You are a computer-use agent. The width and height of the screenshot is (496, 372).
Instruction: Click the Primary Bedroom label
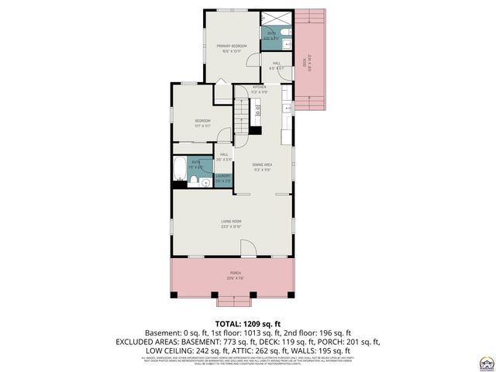coord(232,48)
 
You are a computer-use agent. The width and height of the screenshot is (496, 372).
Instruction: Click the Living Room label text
coord(232,225)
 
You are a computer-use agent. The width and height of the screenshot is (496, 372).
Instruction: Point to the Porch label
coord(234,275)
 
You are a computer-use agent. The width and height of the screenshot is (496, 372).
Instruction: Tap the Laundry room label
coord(223,177)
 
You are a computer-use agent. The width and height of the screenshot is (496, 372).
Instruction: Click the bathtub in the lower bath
coord(180,169)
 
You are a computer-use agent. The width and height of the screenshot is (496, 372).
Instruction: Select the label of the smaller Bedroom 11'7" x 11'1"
coord(203,122)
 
